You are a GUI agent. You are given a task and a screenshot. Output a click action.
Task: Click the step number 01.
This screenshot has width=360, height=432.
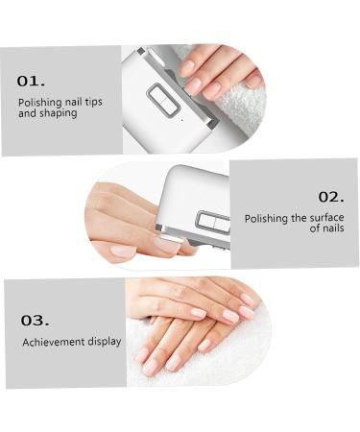[x=31, y=82]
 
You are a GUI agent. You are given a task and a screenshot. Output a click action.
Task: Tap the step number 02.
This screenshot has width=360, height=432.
[x=331, y=197]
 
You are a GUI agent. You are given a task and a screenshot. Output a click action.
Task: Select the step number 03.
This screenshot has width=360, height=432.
[x=36, y=321]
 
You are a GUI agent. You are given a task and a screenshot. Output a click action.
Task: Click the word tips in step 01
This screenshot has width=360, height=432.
[x=93, y=102]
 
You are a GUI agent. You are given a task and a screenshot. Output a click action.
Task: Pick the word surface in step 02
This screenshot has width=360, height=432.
[x=326, y=218]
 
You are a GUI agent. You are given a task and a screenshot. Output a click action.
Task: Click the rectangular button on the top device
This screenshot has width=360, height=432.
[x=163, y=101]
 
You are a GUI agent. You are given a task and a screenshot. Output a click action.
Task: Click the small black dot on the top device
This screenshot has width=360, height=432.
[x=182, y=120]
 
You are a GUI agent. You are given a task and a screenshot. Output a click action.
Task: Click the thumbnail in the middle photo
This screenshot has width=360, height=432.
[x=123, y=251]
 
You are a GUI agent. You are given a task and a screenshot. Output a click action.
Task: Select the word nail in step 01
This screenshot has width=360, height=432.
[x=74, y=103]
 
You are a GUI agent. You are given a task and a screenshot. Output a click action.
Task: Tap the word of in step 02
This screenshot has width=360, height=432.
[x=315, y=228]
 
